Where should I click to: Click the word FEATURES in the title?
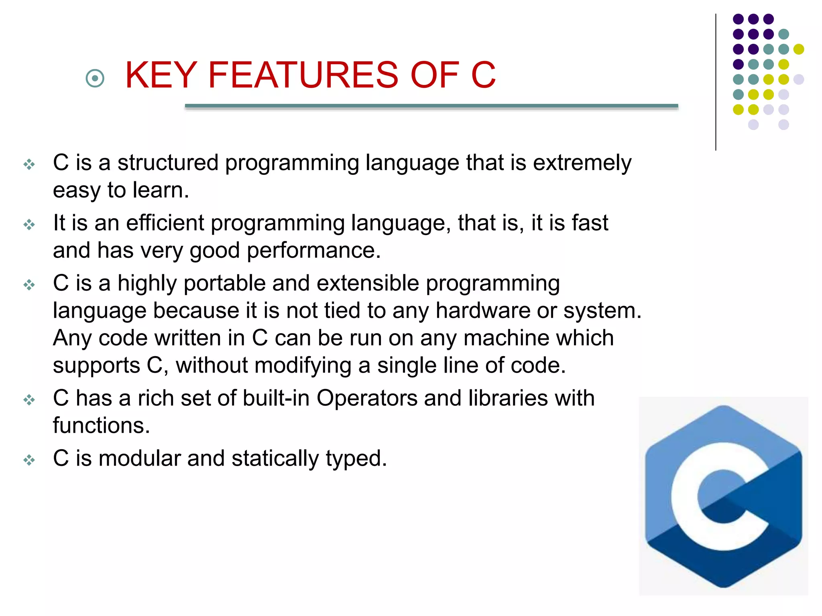pos(303,75)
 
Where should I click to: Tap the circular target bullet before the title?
pos(95,78)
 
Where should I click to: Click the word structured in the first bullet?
pos(168,163)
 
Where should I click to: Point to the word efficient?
pos(165,223)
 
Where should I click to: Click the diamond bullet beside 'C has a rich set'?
pos(29,400)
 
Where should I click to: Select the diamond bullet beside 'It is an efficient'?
pos(29,225)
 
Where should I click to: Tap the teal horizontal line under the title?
pos(431,106)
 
